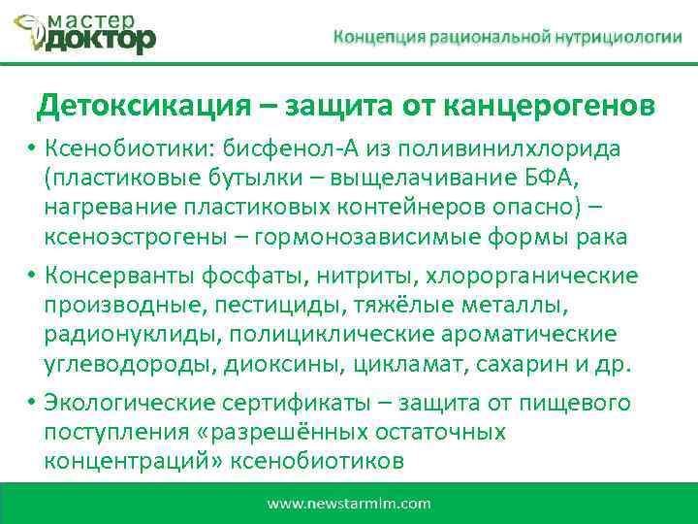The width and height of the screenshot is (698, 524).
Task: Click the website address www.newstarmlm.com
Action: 349,504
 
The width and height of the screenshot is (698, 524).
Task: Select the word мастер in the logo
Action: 94,16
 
